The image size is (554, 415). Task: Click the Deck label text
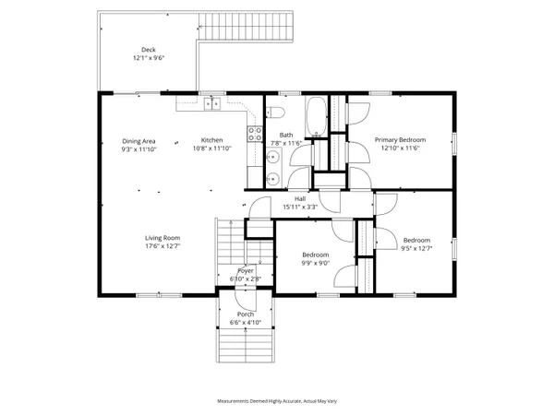(148, 49)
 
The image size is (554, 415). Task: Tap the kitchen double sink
(211, 104)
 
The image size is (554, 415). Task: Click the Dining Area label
(138, 140)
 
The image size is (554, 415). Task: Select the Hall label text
(300, 198)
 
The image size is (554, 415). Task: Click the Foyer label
(246, 270)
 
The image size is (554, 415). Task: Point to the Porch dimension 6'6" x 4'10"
(246, 322)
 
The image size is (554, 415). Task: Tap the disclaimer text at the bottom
(276, 401)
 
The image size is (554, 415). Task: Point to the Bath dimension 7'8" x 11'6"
(287, 143)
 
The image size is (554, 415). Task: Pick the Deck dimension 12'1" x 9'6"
(148, 57)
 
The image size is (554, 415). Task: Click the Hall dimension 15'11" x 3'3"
(300, 207)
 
